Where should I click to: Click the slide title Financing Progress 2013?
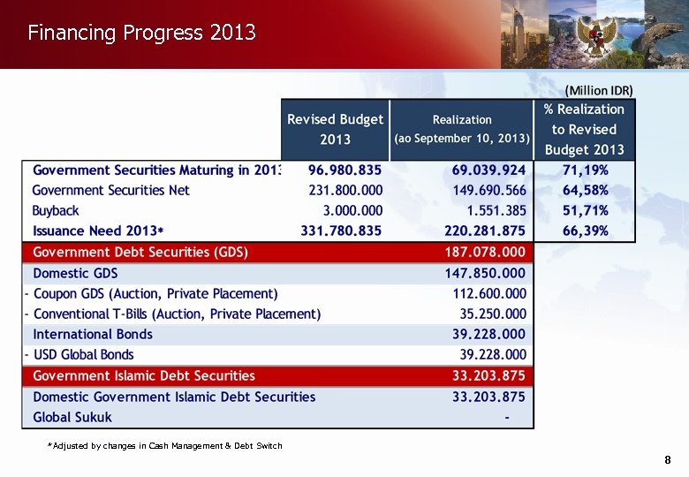coord(141,34)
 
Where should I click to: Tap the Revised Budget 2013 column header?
coord(336,129)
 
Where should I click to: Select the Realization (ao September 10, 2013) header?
coord(462,129)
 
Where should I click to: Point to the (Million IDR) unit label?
coord(599,90)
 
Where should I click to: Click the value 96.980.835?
coord(345,170)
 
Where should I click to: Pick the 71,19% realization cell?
coord(585,170)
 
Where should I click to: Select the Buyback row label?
coord(56,210)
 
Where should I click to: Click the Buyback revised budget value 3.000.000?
coord(353,210)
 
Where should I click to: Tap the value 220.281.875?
coord(485,231)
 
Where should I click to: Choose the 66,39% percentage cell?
coord(585,231)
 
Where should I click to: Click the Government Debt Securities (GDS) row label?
coord(140,252)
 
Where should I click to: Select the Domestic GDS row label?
coord(75,273)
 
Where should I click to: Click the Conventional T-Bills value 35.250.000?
coord(493,314)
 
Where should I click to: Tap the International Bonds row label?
coord(93,334)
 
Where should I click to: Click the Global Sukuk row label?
coord(72,417)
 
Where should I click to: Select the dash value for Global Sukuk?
coord(506,417)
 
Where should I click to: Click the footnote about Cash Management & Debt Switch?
coord(165,445)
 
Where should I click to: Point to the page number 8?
coord(668,459)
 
